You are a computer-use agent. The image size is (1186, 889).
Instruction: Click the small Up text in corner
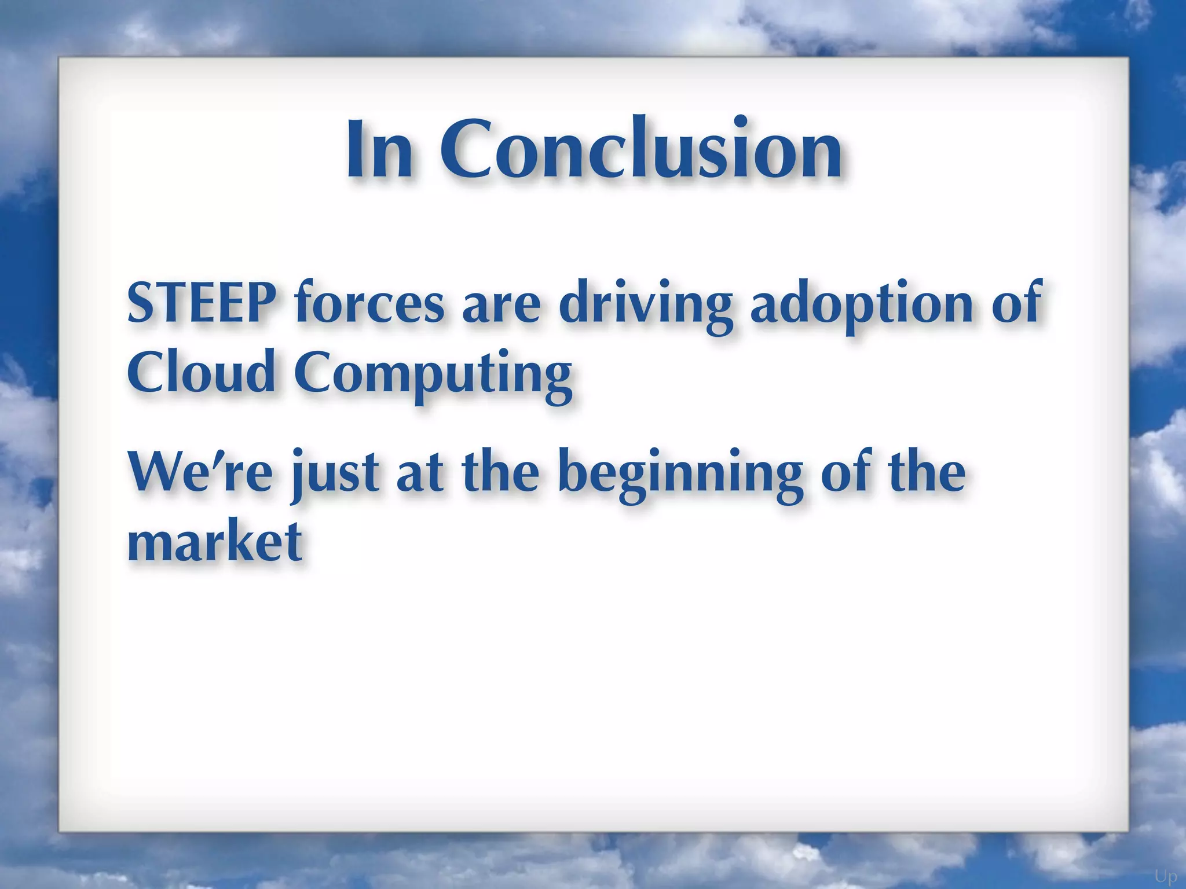point(1166,876)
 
